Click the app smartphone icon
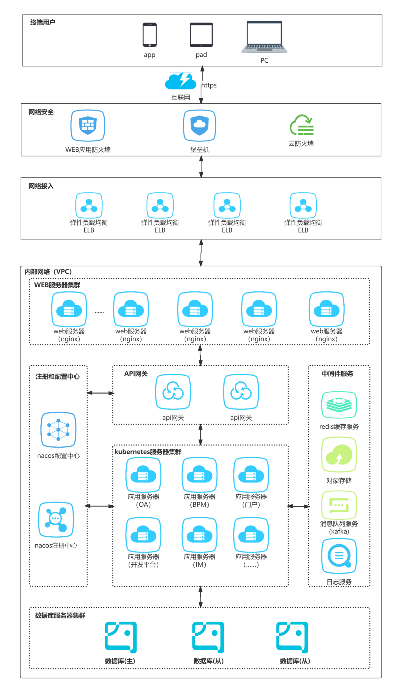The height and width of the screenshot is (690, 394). (x=150, y=35)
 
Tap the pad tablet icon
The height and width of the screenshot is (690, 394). (x=201, y=35)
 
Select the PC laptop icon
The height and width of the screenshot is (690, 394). (x=264, y=37)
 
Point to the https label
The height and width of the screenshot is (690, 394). (x=209, y=85)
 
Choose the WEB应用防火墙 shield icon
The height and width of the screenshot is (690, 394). (x=88, y=125)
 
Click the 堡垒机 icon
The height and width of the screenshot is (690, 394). (x=200, y=125)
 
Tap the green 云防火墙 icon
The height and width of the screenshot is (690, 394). (x=302, y=125)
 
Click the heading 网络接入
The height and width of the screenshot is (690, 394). (x=41, y=186)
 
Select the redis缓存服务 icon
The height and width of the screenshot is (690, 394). (x=339, y=405)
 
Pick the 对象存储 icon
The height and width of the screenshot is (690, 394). (x=339, y=455)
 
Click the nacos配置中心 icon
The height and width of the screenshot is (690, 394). (x=58, y=430)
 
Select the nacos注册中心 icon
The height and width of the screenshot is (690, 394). (x=56, y=519)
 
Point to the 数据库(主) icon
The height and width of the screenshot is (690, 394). (x=121, y=637)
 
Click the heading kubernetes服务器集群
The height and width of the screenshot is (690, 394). (x=148, y=452)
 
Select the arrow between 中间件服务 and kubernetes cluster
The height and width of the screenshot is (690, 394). (x=298, y=506)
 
